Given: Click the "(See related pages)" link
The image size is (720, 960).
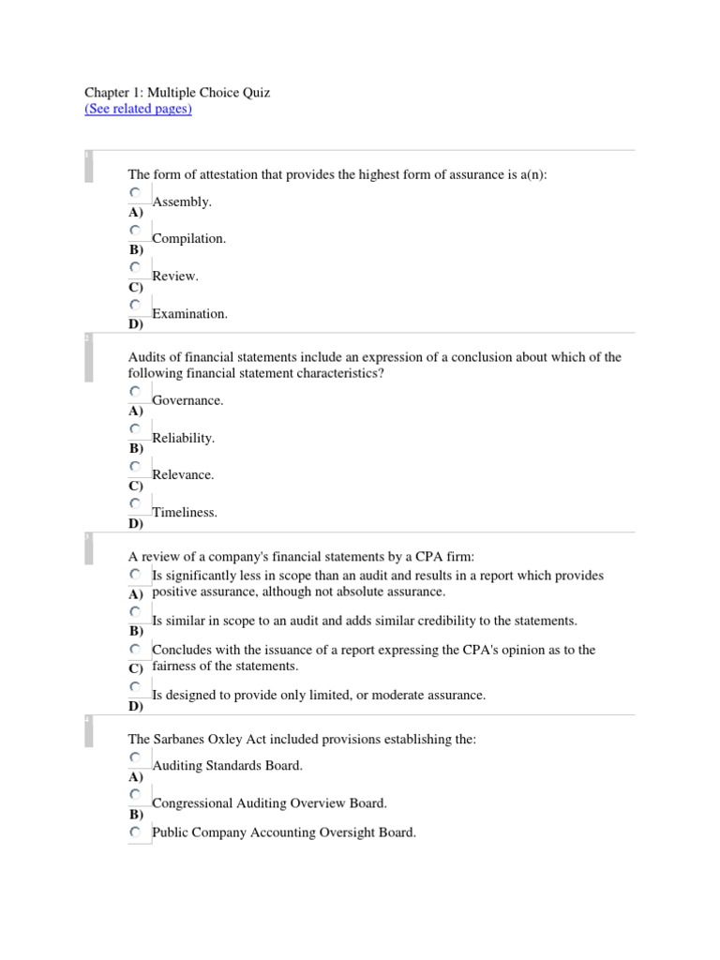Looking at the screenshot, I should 138,109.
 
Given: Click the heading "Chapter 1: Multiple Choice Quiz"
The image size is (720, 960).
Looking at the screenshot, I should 177,93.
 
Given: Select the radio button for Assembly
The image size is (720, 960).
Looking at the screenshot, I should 136,193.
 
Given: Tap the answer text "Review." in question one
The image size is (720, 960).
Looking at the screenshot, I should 175,277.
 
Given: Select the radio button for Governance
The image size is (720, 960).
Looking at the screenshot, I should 136,392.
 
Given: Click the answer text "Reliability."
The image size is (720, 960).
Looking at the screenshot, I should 183,438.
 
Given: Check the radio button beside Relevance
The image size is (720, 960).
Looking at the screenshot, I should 136,467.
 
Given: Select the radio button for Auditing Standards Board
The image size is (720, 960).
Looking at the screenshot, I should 136,757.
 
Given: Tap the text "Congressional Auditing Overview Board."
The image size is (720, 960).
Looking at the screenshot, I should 269,803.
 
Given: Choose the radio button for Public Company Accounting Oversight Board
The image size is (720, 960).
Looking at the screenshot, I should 136,832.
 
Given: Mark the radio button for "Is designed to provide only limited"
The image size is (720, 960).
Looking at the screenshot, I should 136,687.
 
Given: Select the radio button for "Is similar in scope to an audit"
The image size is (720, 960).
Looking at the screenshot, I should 136,612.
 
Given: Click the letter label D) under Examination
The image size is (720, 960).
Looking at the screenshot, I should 136,324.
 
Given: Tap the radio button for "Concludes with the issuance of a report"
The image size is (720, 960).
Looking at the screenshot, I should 136,650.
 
